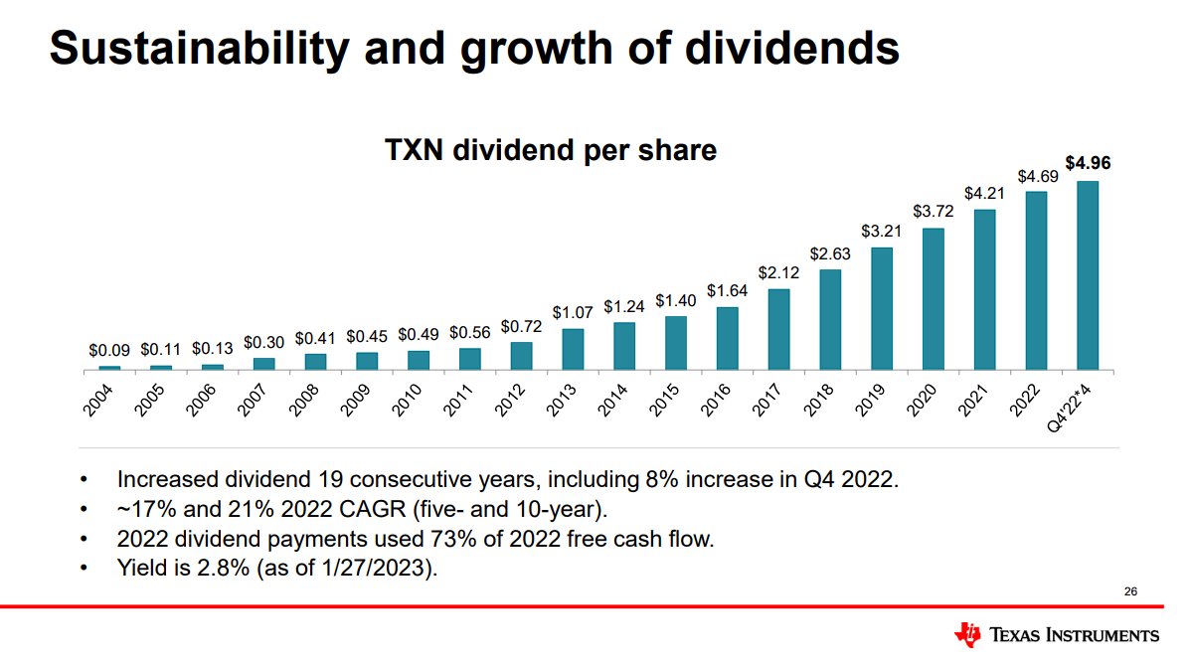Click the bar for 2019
pos(882,308)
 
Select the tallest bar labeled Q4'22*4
pos(1088,274)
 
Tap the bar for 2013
pos(573,349)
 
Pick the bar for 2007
pos(263,363)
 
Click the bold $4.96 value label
pos(1089,163)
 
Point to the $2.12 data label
pos(778,271)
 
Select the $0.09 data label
pos(108,350)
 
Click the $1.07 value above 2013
pos(573,312)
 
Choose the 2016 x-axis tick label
pos(718,399)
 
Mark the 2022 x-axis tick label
pos(1027,399)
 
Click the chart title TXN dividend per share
pos(551,150)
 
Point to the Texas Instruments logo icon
pos(966,633)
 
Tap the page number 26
pos(1130,591)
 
